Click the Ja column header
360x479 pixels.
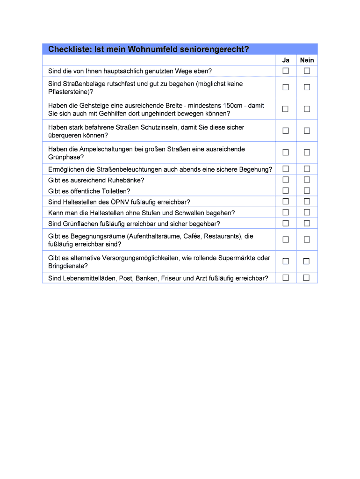tap(286, 60)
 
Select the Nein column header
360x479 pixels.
tap(307, 60)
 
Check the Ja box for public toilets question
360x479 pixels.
tap(286, 191)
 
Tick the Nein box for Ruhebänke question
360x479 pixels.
tap(307, 180)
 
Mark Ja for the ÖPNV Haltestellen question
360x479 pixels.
tap(286, 202)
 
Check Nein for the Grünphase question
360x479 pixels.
tap(307, 152)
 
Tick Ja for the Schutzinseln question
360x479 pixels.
tap(286, 131)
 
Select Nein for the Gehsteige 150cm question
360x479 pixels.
tap(307, 109)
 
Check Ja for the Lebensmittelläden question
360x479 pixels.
tap(286, 278)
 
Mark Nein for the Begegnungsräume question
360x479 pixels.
tap(307, 239)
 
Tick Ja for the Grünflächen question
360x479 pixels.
tap(286, 223)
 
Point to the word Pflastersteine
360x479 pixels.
tap(69, 92)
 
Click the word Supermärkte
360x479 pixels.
tap(236, 258)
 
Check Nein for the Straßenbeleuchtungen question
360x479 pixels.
tap(307, 169)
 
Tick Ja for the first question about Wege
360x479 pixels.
tap(286, 71)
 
